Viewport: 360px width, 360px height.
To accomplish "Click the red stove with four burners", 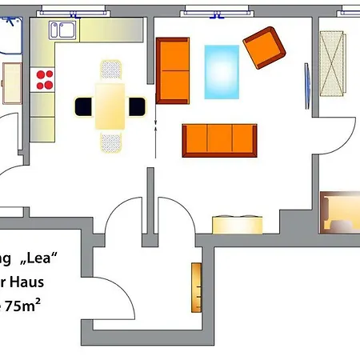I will pyautogui.click(x=46, y=79).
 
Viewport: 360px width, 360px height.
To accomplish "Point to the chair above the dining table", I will pyautogui.click(x=111, y=70).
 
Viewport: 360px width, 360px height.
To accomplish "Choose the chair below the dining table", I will pyautogui.click(x=111, y=142).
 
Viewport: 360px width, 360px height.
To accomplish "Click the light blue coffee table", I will pyautogui.click(x=222, y=71).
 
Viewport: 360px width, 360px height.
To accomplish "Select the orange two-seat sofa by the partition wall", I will pyautogui.click(x=172, y=70).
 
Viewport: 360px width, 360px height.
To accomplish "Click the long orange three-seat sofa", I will pyautogui.click(x=220, y=140).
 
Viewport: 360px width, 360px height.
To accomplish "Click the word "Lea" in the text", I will pyautogui.click(x=40, y=258).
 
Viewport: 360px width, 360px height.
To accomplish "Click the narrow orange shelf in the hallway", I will pyautogui.click(x=196, y=287).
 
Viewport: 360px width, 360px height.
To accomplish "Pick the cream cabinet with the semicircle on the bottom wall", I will pyautogui.click(x=237, y=224).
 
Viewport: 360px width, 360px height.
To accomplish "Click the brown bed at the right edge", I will pyautogui.click(x=340, y=212).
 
